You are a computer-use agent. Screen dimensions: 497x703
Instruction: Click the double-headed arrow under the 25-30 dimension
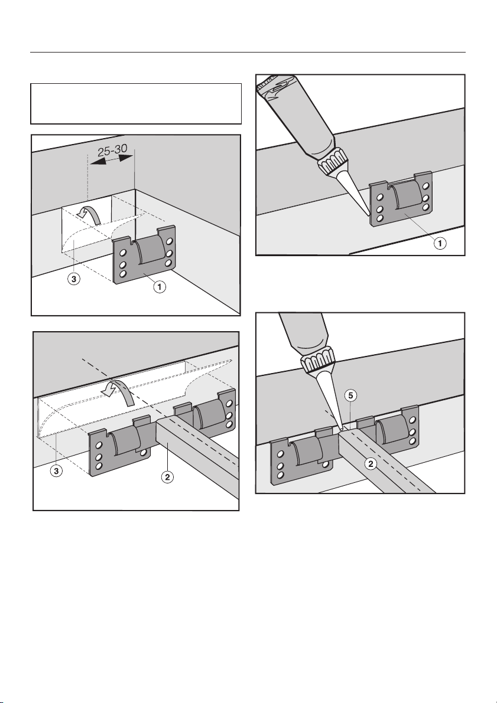[x=112, y=168]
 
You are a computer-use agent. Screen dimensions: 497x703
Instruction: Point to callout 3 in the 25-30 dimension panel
[x=70, y=280]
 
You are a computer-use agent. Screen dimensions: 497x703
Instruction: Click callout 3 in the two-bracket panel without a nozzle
[x=54, y=473]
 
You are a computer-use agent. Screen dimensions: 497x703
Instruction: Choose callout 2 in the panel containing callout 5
[x=371, y=464]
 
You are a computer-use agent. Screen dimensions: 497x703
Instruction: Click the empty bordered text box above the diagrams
[x=136, y=103]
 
